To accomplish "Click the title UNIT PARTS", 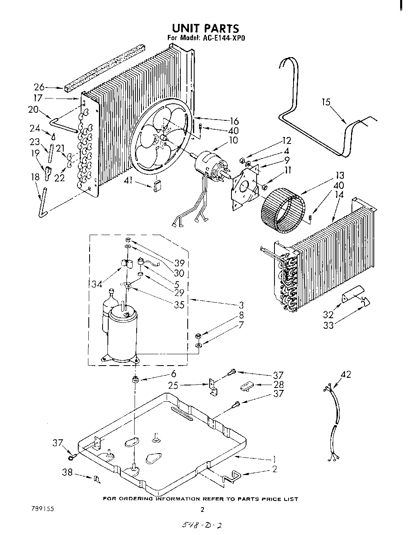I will point(205,28).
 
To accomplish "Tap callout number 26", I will point(39,87).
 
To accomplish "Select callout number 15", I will point(326,102).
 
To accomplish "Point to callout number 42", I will point(346,374).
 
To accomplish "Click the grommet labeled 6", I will point(135,380).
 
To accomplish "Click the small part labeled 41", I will point(157,186).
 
